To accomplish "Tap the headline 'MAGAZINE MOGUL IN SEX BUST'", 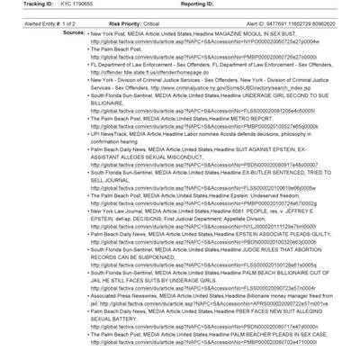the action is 243,31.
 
